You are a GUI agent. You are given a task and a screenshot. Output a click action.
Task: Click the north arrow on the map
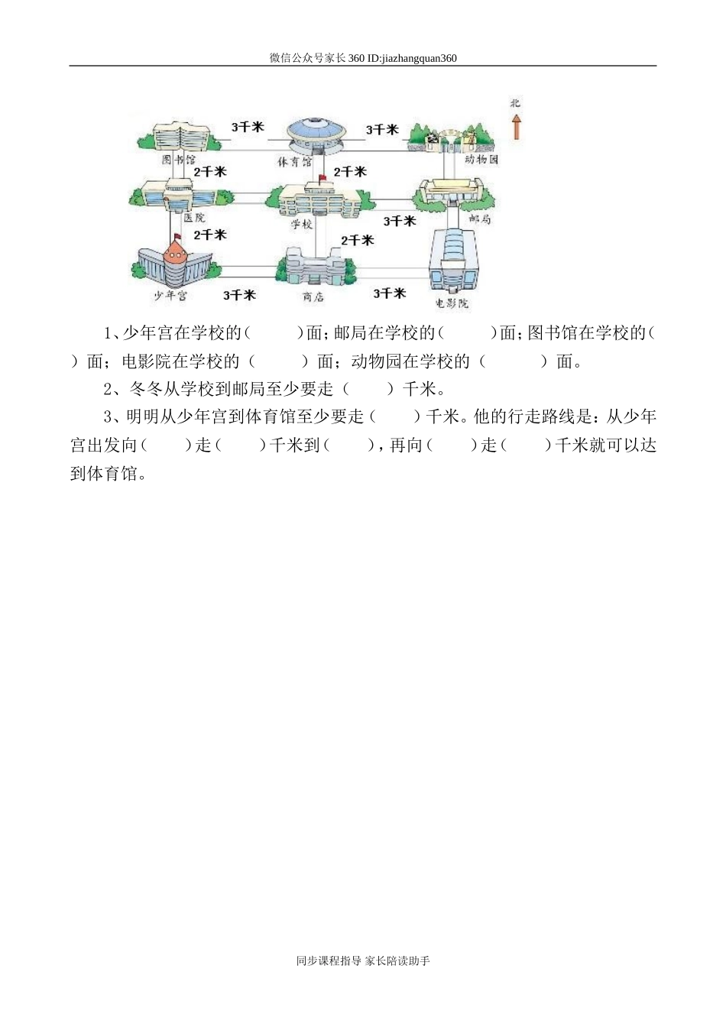[517, 125]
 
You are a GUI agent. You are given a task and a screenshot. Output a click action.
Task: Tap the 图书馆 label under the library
[179, 160]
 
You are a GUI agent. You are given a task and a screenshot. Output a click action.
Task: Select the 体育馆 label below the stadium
[294, 162]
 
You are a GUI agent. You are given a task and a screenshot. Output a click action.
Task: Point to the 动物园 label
[481, 160]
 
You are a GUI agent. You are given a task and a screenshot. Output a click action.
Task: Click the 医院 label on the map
[194, 218]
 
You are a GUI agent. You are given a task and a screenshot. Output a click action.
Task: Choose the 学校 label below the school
[302, 225]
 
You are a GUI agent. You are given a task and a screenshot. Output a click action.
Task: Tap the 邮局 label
[479, 219]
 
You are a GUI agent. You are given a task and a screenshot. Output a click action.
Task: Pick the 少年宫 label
[170, 296]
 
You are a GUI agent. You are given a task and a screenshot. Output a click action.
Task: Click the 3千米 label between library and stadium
[248, 127]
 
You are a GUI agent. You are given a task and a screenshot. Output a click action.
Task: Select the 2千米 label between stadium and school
[350, 172]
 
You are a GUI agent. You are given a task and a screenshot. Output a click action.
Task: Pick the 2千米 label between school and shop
[357, 240]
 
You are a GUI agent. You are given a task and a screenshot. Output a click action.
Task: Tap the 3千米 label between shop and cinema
[390, 293]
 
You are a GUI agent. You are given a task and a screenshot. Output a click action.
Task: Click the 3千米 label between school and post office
[400, 221]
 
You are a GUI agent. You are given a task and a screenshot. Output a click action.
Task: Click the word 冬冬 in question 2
[147, 389]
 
